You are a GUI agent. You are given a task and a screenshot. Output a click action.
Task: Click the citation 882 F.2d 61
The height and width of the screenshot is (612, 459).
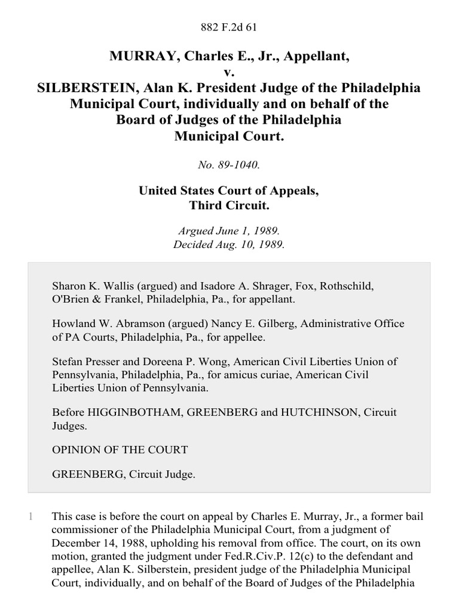pyautogui.click(x=229, y=27)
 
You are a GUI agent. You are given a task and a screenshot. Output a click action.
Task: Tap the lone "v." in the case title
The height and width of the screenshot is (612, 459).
pyautogui.click(x=229, y=72)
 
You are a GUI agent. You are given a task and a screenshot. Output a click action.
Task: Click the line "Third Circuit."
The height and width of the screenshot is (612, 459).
pyautogui.click(x=229, y=206)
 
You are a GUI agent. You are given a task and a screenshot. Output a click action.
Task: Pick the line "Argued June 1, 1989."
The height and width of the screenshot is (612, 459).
pyautogui.click(x=229, y=230)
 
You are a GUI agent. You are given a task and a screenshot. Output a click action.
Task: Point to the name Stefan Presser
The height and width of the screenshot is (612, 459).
pyautogui.click(x=81, y=362)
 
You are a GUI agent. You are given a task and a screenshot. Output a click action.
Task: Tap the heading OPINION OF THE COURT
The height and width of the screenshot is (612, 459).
pyautogui.click(x=120, y=449)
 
